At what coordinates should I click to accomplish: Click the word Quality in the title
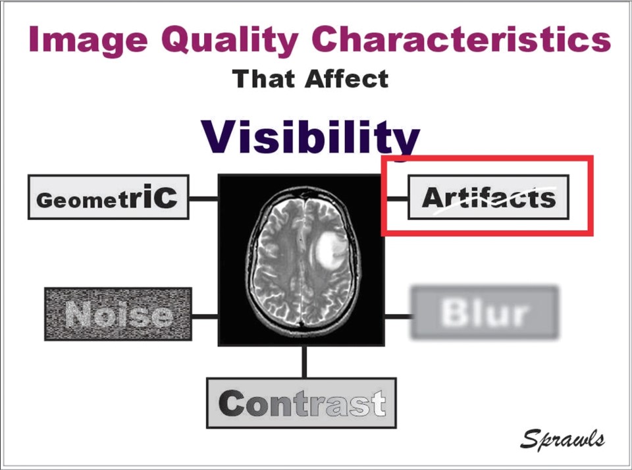pos(230,39)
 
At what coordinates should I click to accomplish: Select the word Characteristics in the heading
pos(461,39)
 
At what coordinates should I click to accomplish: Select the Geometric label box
pos(109,197)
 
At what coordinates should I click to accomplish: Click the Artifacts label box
pos(488,197)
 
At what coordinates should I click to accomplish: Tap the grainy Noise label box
pos(118,314)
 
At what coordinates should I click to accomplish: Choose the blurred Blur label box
pos(485,313)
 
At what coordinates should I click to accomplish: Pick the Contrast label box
pos(302,403)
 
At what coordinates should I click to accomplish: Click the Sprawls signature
pos(562,438)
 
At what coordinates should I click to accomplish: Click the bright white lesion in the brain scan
pos(330,251)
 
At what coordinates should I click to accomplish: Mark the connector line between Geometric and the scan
pos(203,198)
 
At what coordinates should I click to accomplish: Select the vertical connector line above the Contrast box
pos(304,361)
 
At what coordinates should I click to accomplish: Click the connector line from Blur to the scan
pos(398,317)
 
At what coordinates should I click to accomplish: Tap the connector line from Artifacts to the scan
pos(398,198)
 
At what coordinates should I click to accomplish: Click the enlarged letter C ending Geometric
pos(165,196)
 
